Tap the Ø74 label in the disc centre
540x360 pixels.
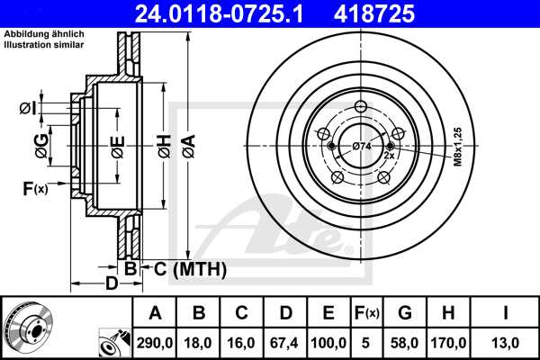coord(362,147)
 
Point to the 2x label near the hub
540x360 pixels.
coord(389,156)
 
